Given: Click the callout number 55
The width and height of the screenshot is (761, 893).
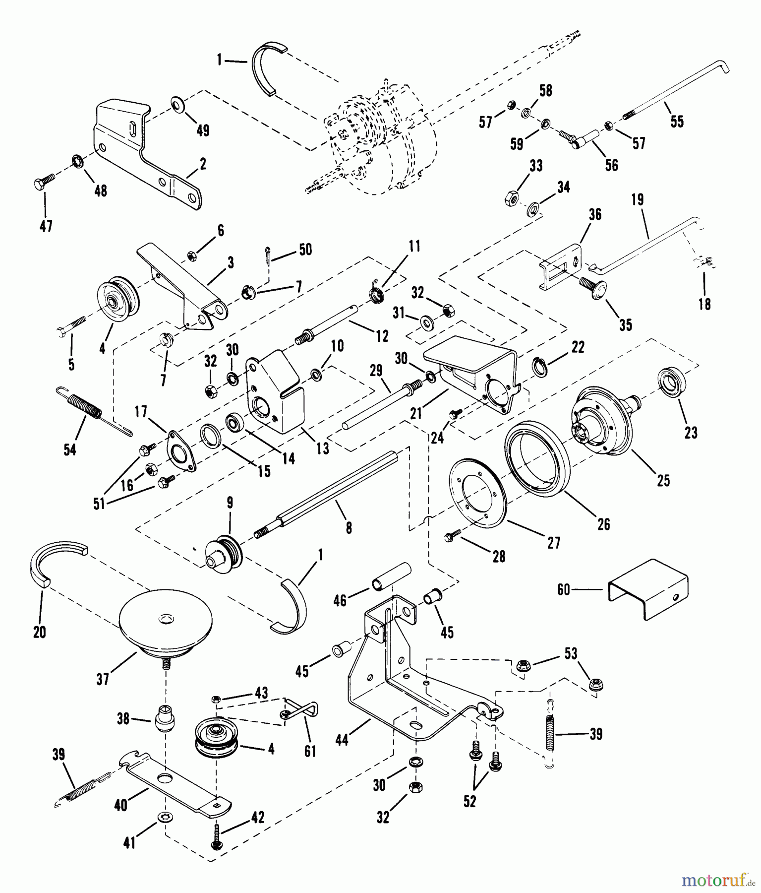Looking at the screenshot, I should pos(677,121).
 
